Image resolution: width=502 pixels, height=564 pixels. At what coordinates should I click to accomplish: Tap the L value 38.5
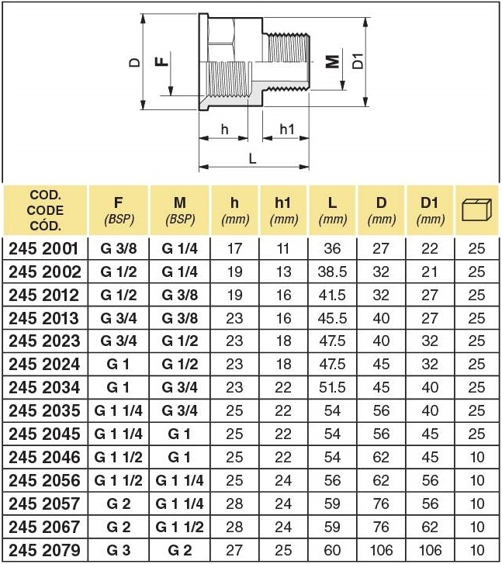point(332,272)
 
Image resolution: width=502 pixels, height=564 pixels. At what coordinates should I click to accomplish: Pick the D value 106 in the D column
point(381,551)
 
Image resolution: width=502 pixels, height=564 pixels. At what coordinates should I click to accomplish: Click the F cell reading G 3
point(119,551)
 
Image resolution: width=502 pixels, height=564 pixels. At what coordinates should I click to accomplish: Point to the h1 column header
point(284,210)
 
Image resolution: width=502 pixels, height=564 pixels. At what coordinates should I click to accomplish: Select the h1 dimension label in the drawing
point(286,129)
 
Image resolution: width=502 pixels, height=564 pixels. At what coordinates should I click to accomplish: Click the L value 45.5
point(332,318)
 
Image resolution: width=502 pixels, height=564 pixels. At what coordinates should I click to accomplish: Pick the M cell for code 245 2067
point(180,528)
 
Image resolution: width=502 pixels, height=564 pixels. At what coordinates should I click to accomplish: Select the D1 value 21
point(429,272)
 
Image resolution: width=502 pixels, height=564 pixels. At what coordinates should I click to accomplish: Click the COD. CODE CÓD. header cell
point(45,209)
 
